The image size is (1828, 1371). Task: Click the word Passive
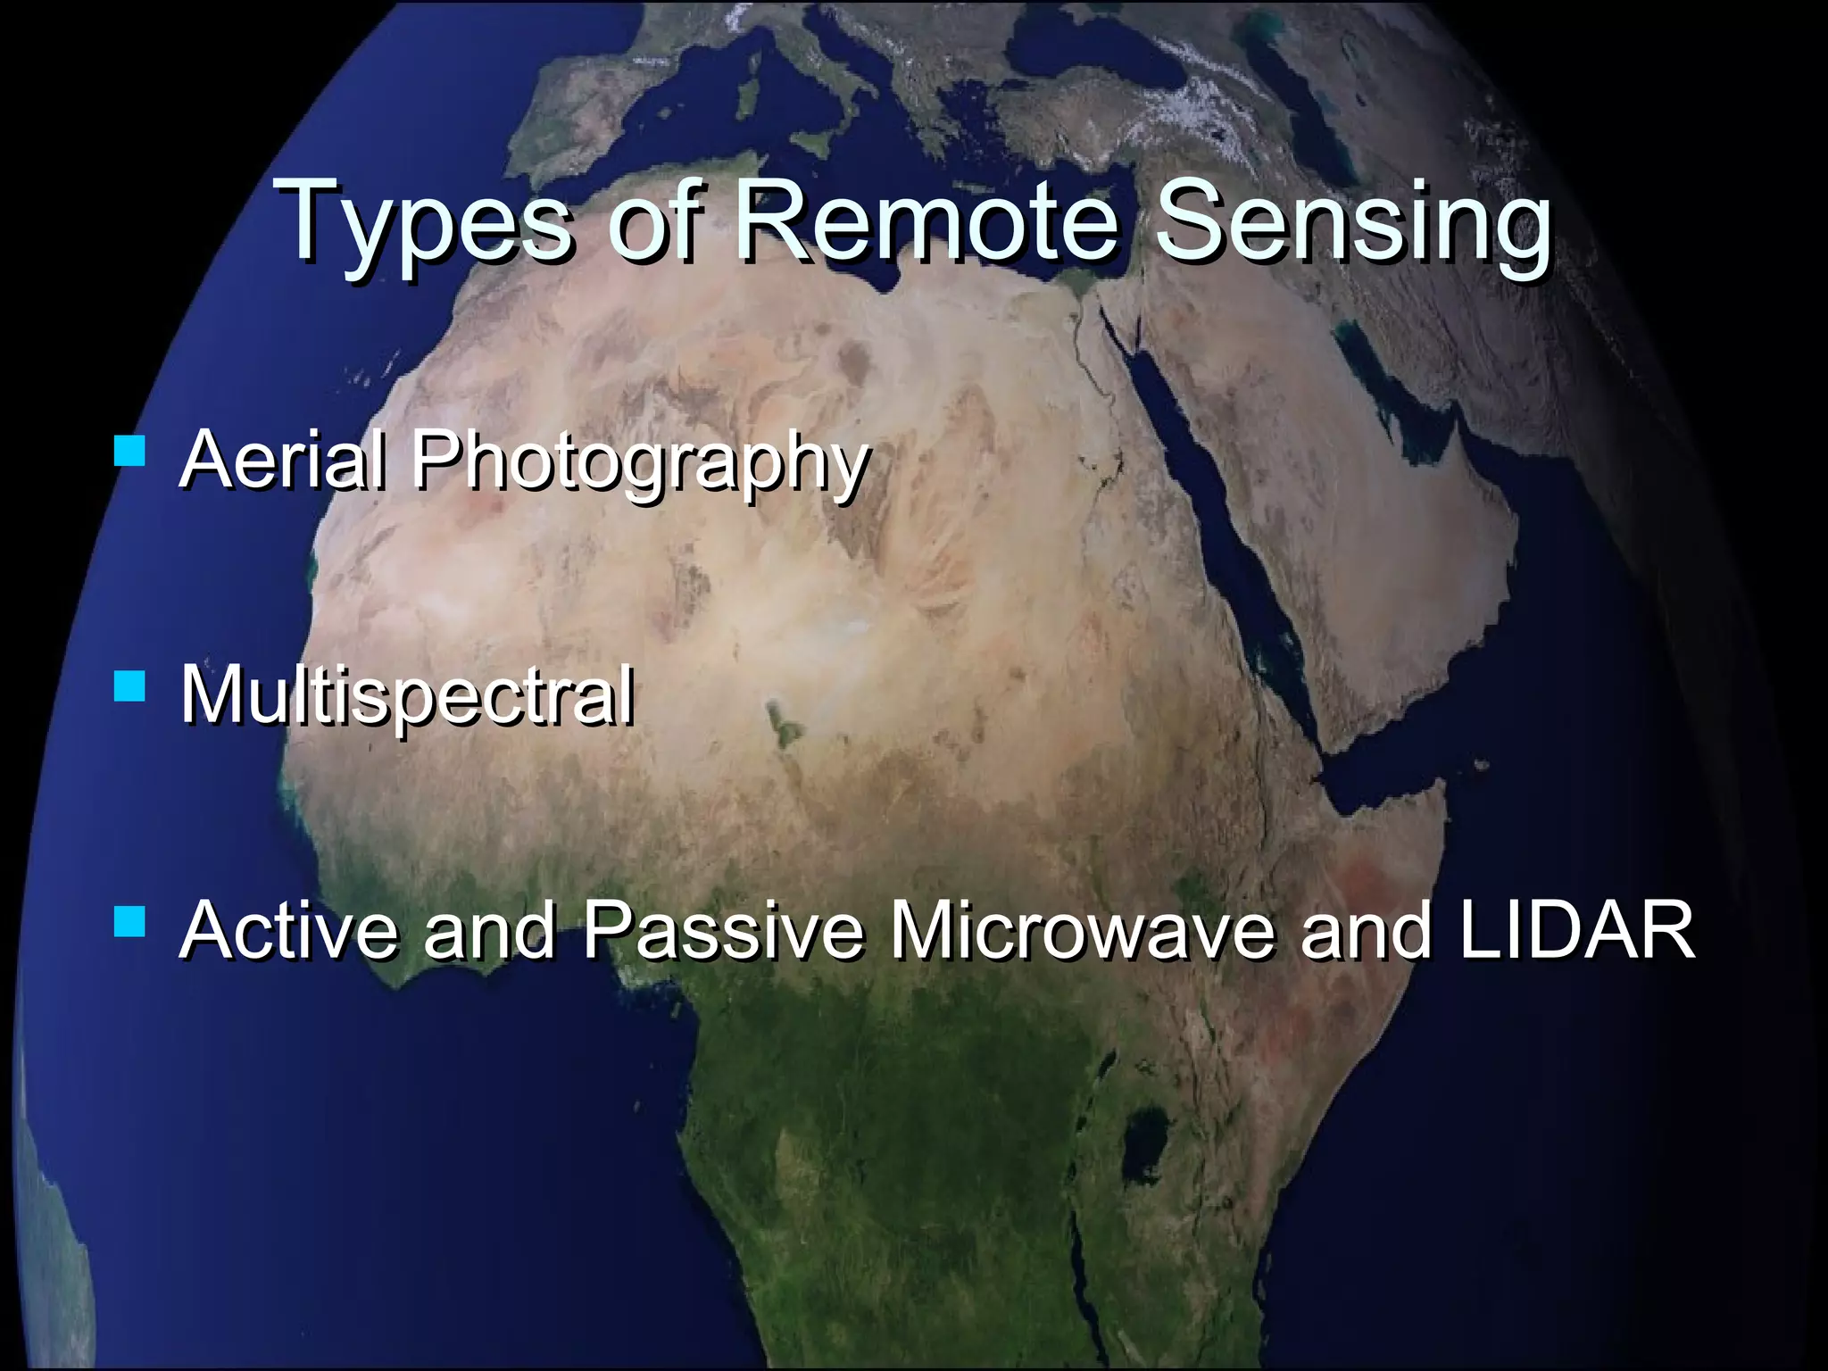[723, 930]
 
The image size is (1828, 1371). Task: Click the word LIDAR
[1576, 930]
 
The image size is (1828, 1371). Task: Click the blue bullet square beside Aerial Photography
[130, 451]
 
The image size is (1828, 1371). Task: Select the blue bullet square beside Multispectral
[130, 687]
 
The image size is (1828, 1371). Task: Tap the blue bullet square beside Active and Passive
[130, 921]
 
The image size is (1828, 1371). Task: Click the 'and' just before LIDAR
[1366, 930]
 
